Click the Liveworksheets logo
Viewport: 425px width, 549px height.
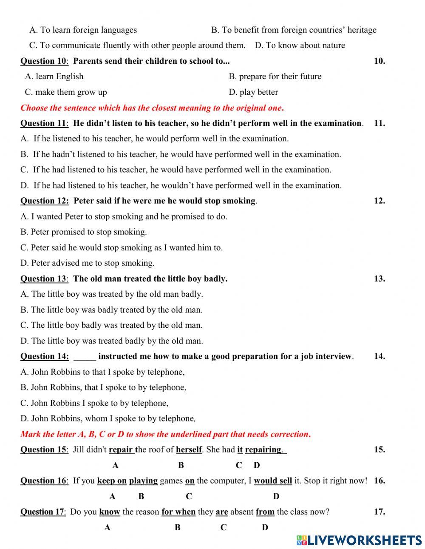[359, 540]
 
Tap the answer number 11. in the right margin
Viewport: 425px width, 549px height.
[380, 123]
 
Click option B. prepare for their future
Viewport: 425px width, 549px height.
[275, 77]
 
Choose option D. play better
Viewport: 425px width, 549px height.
[253, 92]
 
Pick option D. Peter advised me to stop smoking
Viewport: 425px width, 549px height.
[88, 263]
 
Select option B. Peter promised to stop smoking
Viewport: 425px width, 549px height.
[84, 232]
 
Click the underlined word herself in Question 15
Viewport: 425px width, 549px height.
[189, 450]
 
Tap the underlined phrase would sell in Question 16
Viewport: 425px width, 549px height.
[273, 481]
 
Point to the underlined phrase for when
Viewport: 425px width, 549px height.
[178, 512]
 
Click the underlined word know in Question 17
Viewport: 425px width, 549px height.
[110, 512]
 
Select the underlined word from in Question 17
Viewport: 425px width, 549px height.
[265, 512]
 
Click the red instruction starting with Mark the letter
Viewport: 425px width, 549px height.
[166, 434]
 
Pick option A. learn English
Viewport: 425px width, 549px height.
[54, 77]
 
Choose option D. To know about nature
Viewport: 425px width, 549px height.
[300, 46]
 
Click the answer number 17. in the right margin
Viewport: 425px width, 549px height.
[380, 512]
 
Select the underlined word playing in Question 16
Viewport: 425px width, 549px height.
[143, 481]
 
